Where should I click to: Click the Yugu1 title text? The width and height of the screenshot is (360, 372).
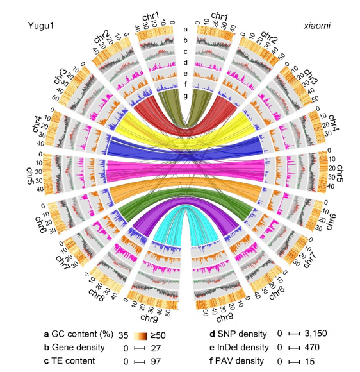[x=41, y=26]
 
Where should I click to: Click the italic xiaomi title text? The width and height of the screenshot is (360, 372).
[x=317, y=26]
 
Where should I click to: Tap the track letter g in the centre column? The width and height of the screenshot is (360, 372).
[x=185, y=96]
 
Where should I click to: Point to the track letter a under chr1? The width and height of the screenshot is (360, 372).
[x=185, y=29]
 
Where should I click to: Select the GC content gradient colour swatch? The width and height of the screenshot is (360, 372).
[x=140, y=335]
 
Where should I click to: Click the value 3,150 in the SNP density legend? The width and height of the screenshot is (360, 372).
[x=316, y=334]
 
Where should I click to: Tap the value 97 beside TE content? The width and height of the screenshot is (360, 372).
[x=156, y=362]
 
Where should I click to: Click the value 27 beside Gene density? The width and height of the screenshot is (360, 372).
[x=156, y=348]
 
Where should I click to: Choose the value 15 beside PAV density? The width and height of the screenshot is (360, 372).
[x=309, y=361]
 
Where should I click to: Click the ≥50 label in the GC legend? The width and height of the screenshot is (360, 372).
[x=158, y=335]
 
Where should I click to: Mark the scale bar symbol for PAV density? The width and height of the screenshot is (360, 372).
[x=294, y=362]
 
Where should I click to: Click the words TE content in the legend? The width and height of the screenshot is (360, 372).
[x=73, y=361]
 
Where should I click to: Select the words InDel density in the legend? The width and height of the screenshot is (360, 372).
[x=243, y=348]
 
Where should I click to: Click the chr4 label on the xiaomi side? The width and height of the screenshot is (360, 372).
[x=334, y=123]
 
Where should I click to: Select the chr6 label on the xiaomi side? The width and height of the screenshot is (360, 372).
[x=331, y=221]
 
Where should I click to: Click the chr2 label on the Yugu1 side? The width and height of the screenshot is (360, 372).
[x=101, y=37]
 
